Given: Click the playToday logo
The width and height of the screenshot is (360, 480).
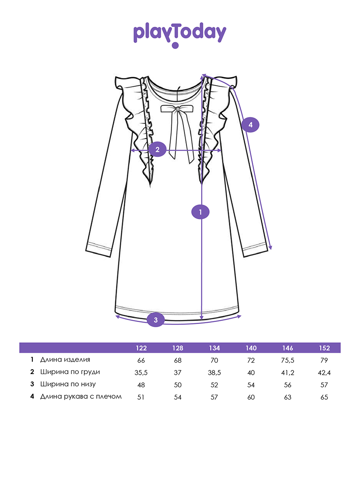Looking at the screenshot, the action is pos(180,35).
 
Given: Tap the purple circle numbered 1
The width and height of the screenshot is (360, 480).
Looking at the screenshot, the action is pos(200,212).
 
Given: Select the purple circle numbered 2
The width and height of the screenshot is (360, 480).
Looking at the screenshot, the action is pos(157,150).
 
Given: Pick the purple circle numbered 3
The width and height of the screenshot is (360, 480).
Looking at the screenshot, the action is pos(156,320).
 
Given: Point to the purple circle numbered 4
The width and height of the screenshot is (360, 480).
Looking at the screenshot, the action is pos(250,125).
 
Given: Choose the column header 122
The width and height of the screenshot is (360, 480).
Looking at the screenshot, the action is pos(141,348).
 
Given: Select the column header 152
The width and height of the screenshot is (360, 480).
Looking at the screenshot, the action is pos(324,348).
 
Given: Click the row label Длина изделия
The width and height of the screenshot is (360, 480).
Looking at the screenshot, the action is pos(65,360).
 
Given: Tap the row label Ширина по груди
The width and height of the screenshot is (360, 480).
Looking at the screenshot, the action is pos(70,372).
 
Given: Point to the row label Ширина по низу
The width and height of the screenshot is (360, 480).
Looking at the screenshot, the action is pos(68,384).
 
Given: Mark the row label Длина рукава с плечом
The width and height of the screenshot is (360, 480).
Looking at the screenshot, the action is pos(81,396).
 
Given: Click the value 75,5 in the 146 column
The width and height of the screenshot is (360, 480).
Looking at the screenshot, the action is pos(288,360).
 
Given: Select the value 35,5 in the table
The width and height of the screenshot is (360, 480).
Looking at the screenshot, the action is pos(141,373).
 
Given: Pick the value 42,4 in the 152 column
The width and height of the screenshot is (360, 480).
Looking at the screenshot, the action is pos(324,373).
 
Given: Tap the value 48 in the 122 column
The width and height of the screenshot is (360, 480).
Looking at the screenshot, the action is pos(141,385).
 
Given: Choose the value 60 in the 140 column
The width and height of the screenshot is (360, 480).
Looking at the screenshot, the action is pos(251,397).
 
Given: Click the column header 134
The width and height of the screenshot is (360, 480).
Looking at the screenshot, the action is pos(214,348).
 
